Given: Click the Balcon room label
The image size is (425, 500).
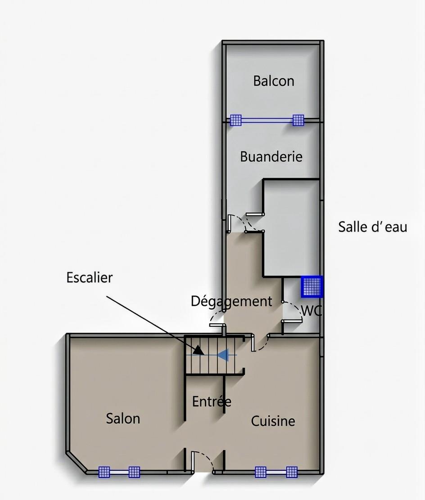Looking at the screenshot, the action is pos(274,81).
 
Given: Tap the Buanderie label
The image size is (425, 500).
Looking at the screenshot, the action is pos(271,156).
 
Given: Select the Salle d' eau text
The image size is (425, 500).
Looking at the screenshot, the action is pos(373,227).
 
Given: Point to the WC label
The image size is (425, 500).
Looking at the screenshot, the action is pos(312,311).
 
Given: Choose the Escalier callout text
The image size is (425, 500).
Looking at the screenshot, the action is pos(90,277).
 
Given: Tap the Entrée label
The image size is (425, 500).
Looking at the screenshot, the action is pos(212,401).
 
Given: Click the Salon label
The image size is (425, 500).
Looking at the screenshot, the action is pos(123,418).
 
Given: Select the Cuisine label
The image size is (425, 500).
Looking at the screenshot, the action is pos(273,421).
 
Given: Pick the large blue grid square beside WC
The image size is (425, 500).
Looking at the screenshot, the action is pos(312,286).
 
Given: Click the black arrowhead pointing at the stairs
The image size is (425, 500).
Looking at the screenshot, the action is pos(199,351).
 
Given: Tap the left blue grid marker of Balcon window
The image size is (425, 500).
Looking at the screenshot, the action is pos(235,120).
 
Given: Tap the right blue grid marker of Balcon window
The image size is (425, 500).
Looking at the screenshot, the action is pos(298,120).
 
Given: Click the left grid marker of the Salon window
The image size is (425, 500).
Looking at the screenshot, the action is pos(104,472).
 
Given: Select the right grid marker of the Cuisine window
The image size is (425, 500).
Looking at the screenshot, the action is pos(292,472).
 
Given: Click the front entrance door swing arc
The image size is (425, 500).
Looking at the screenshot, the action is pos(208,459).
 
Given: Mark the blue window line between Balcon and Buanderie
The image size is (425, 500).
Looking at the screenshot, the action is pos(267,120).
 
